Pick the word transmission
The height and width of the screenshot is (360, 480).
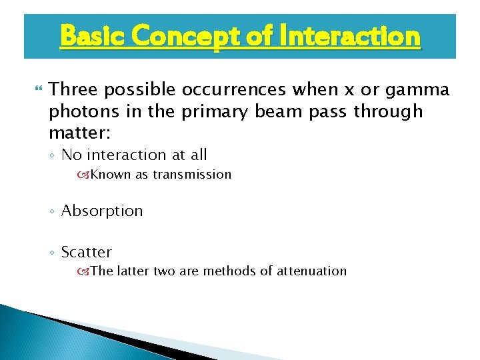point(192,175)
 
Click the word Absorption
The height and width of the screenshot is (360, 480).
point(102,211)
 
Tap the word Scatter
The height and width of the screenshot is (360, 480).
point(87,252)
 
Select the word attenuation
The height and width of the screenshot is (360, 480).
point(312,271)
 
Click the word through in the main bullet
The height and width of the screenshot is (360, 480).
point(388,111)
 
